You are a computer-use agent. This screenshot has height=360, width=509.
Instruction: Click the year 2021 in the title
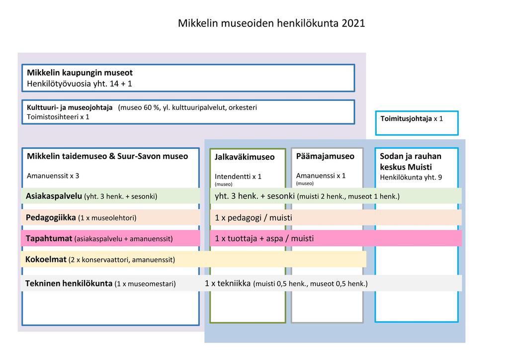tap(353, 23)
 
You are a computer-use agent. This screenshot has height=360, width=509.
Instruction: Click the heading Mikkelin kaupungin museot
tap(80, 73)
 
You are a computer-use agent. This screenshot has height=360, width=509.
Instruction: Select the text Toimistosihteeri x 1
tap(58, 117)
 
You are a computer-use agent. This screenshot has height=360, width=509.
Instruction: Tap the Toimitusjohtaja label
tap(406, 119)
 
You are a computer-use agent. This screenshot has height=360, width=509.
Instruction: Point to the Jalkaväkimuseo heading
tap(245, 157)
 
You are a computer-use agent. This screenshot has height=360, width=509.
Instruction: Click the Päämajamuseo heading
tap(325, 157)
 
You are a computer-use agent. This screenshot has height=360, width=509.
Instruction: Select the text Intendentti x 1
tap(238, 177)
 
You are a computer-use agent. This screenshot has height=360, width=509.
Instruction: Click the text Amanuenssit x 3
tap(53, 176)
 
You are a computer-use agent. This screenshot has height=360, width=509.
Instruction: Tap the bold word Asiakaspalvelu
tap(54, 196)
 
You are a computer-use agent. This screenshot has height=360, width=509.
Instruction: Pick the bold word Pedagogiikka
tap(51, 217)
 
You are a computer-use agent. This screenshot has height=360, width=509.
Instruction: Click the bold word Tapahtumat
tap(49, 239)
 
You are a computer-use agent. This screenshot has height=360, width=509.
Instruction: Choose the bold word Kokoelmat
tap(46, 260)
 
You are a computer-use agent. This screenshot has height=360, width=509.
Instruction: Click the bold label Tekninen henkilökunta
tap(69, 283)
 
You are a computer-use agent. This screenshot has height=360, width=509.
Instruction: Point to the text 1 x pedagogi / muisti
tap(253, 218)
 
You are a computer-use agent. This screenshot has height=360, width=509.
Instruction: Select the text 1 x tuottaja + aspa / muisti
tap(264, 239)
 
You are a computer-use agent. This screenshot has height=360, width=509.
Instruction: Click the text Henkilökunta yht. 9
tap(411, 177)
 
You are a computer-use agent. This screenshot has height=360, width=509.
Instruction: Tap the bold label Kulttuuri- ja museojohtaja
tap(70, 107)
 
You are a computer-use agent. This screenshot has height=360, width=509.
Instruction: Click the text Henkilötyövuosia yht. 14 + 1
tap(80, 84)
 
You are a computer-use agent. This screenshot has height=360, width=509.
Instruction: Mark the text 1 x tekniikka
tap(228, 283)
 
